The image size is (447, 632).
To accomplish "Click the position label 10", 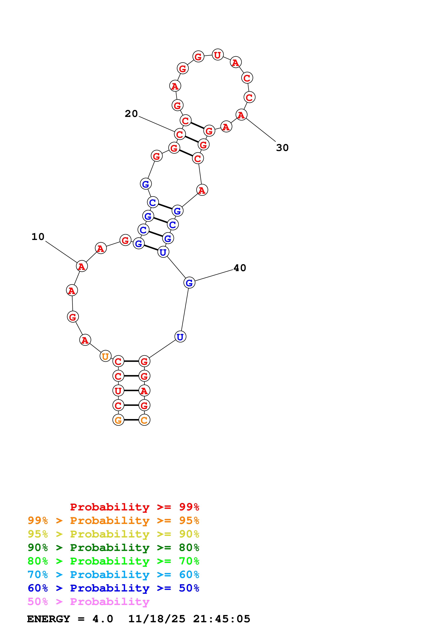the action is (x=38, y=237).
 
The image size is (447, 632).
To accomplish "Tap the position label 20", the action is (x=131, y=114).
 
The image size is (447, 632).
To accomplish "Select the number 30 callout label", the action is (x=282, y=148).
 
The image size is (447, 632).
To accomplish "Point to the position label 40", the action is (x=240, y=268).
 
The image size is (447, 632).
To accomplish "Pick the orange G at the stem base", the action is (x=118, y=420).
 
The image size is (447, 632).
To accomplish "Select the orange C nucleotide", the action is (x=144, y=420).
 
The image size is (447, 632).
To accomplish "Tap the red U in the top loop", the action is (x=218, y=55).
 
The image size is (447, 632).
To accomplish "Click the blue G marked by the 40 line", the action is (x=189, y=283).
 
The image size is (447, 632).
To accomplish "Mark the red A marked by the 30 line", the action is (x=241, y=115).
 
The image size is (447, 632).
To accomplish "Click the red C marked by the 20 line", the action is (x=180, y=134).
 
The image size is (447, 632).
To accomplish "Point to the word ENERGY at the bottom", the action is (x=49, y=619).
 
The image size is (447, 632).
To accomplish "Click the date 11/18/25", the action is (x=157, y=619).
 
